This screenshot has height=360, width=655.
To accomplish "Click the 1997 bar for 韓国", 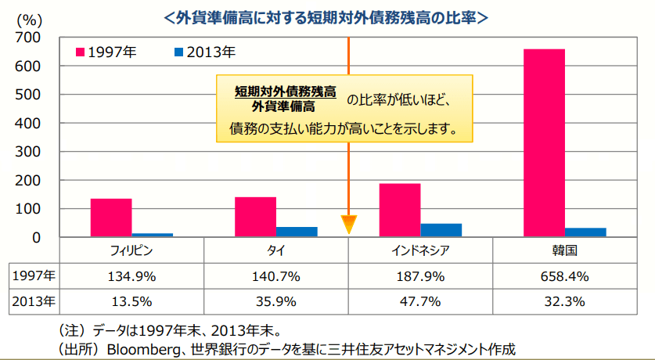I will click(x=544, y=142).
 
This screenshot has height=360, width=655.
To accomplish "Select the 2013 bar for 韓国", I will click(x=585, y=232).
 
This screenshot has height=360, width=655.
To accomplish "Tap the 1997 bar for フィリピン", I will click(x=111, y=217).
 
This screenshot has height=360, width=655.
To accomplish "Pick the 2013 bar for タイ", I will click(x=297, y=231).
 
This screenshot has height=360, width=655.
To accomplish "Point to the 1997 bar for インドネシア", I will click(x=400, y=210).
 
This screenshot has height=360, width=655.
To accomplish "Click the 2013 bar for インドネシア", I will click(x=441, y=229).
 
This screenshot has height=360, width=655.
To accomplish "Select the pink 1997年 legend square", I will click(x=81, y=52).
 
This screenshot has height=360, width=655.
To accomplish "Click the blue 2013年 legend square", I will click(x=178, y=52).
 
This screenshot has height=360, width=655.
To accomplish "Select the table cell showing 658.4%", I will click(x=564, y=275).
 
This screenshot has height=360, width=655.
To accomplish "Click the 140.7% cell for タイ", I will click(x=275, y=275).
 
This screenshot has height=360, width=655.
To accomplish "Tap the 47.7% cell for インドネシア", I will click(x=420, y=301).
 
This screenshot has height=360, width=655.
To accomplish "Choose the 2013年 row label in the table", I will click(x=34, y=301).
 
